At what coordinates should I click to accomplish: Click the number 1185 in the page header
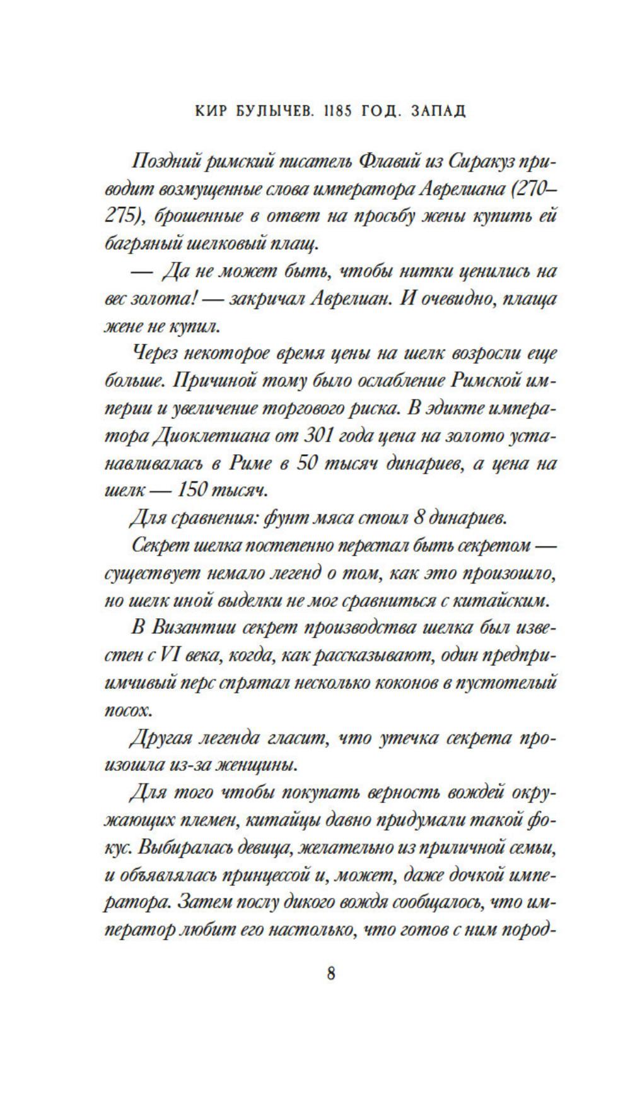click(x=322, y=111)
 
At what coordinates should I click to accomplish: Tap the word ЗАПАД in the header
click(x=438, y=111)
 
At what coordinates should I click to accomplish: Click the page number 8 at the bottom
click(x=331, y=973)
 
